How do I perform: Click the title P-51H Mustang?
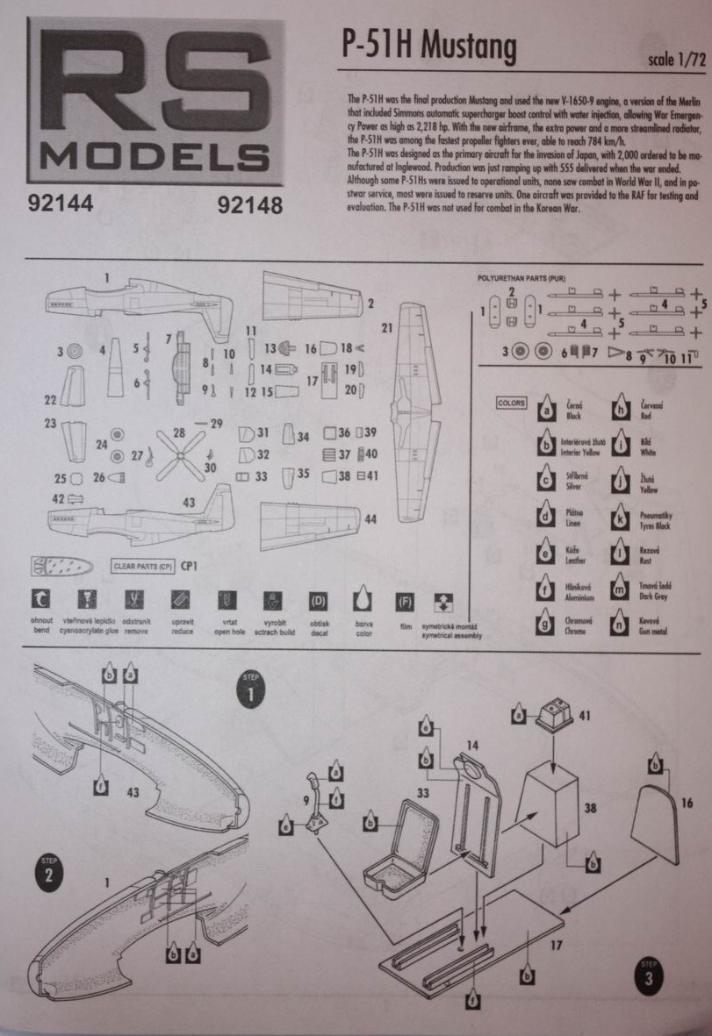pyautogui.click(x=428, y=48)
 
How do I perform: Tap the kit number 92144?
pyautogui.click(x=61, y=206)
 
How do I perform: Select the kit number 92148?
pyautogui.click(x=248, y=207)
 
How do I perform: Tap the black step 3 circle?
pyautogui.click(x=648, y=975)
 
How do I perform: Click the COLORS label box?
pyautogui.click(x=511, y=403)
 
